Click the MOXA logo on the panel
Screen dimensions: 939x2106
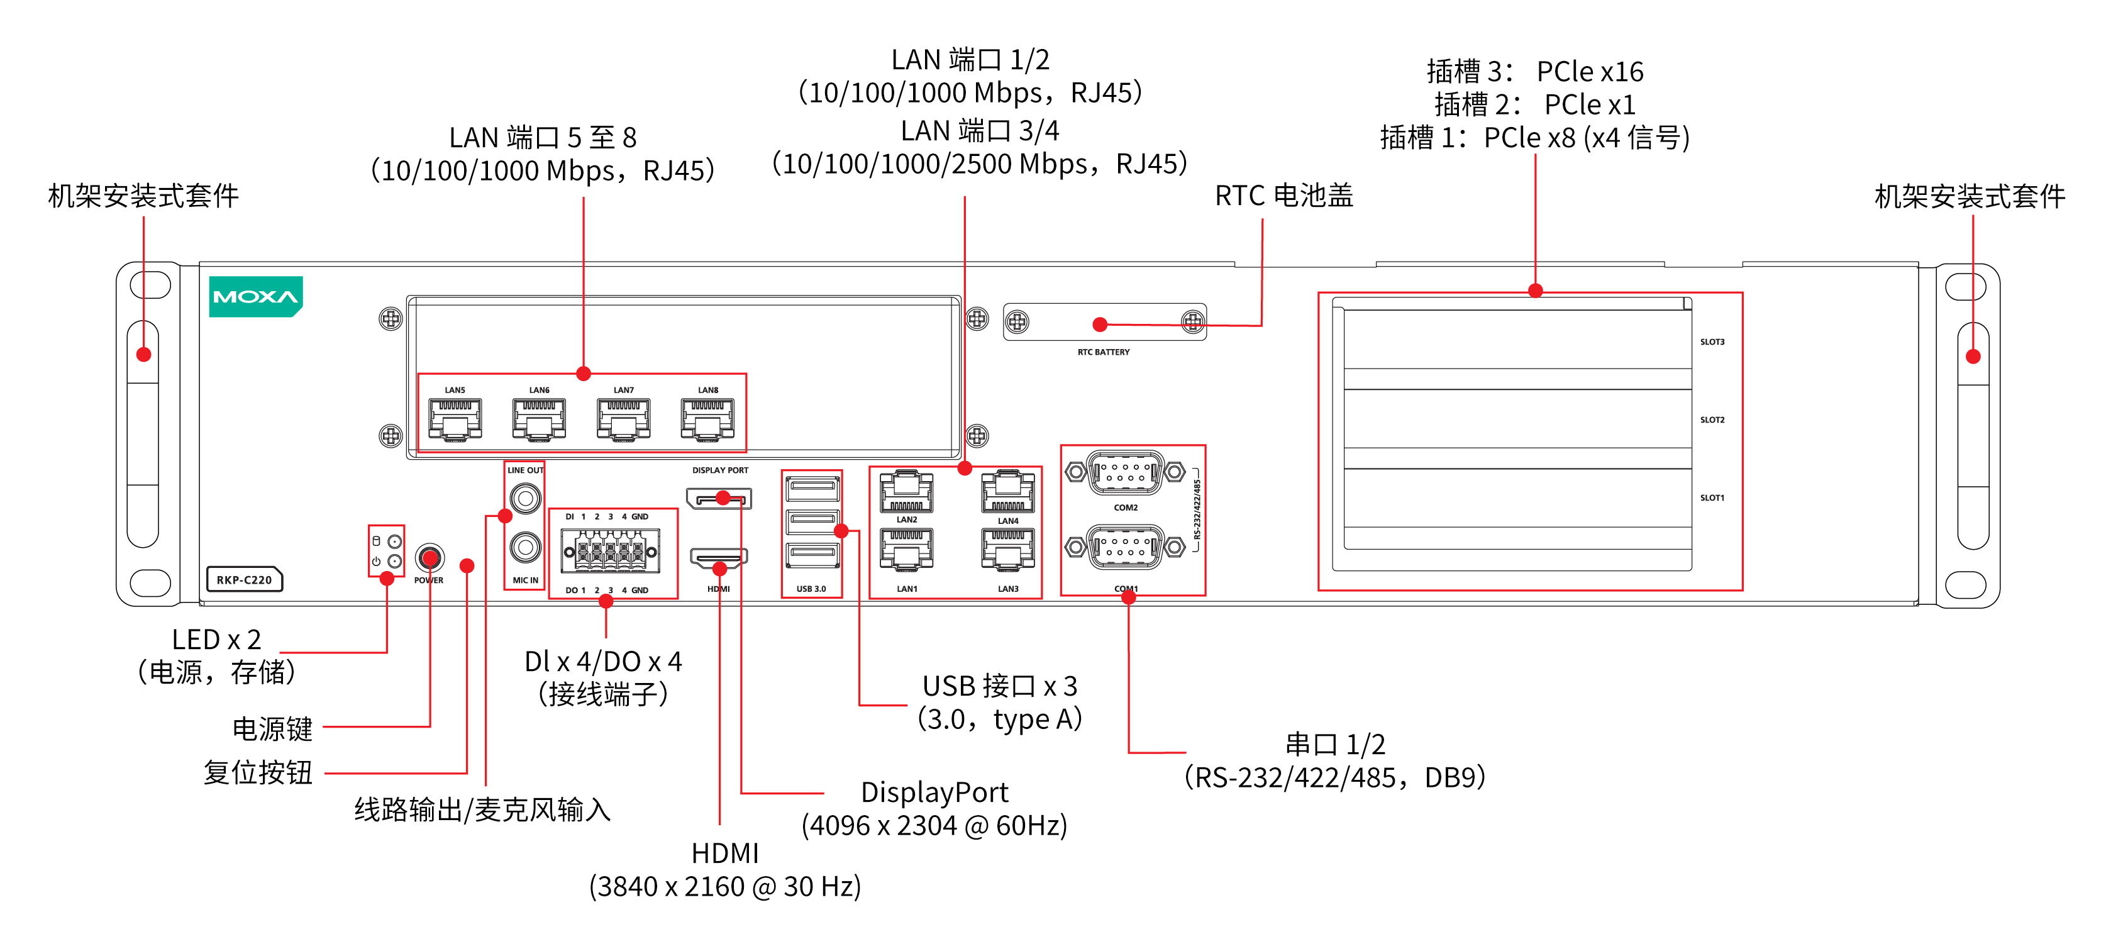255,296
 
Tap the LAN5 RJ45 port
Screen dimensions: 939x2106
455,419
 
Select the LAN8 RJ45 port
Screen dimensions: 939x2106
707,419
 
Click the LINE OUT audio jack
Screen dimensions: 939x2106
525,497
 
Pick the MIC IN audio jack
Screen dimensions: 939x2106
525,547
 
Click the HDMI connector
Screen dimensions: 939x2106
719,558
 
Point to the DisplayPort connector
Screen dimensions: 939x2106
719,498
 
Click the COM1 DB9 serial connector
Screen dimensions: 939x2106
1125,547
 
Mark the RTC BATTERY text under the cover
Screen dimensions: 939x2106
1103,352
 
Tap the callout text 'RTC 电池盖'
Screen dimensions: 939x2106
1283,196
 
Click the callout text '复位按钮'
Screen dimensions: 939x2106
258,773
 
